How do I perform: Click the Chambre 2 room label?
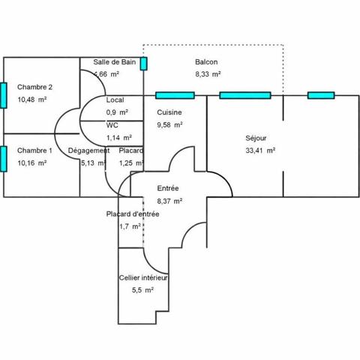pos(34,86)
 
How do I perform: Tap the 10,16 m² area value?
pos(32,162)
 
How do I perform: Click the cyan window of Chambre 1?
pos(4,159)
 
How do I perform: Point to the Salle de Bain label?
pos(115,61)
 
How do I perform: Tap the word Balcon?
pos(207,61)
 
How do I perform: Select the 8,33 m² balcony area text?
pos(207,74)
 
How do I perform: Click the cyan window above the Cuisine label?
pos(175,95)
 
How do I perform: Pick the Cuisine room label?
pos(169,112)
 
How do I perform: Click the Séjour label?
pos(256,138)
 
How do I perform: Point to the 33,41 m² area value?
pos(259,150)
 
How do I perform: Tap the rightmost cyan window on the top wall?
pos(320,95)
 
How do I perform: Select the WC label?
pos(112,125)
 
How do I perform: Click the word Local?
pos(115,100)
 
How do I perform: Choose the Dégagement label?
pos(88,151)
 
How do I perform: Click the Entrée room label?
pos(168,188)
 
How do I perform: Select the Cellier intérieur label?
pos(143,277)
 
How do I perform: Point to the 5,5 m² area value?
pos(142,289)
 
